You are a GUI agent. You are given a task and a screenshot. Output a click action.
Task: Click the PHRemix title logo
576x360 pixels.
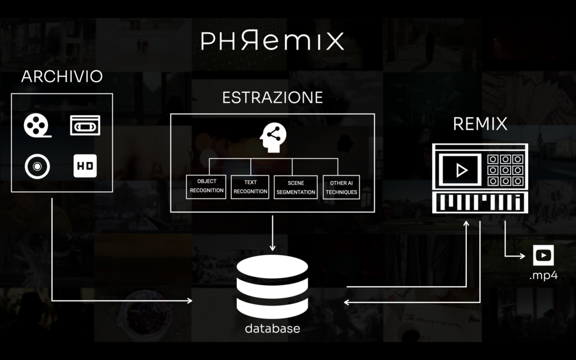click(x=272, y=40)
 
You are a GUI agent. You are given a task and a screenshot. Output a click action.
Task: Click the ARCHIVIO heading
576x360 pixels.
click(x=62, y=77)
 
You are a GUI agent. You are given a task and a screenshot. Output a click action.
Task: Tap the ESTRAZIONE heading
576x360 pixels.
click(x=272, y=97)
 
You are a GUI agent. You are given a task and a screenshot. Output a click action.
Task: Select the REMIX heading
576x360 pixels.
click(x=480, y=124)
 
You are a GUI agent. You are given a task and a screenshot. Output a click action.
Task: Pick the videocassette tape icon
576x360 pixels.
click(x=85, y=125)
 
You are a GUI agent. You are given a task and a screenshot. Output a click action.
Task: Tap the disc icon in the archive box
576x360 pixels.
click(x=37, y=166)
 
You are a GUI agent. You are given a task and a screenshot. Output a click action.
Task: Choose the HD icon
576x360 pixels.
click(x=84, y=166)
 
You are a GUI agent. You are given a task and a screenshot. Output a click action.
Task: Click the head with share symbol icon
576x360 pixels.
click(x=272, y=138)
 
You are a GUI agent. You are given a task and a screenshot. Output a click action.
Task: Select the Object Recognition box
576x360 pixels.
click(x=206, y=187)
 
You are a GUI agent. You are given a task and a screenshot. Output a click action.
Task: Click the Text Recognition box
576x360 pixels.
click(x=250, y=187)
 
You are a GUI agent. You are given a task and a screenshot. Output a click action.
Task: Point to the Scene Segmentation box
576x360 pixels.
click(x=295, y=187)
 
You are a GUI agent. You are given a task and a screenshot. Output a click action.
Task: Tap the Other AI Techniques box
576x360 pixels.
click(x=341, y=187)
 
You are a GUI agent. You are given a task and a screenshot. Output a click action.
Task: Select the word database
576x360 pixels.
click(x=272, y=328)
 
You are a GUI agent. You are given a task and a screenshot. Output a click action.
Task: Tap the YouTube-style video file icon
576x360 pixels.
click(x=543, y=255)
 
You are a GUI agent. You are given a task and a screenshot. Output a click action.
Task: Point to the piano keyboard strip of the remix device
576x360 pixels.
click(x=480, y=202)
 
